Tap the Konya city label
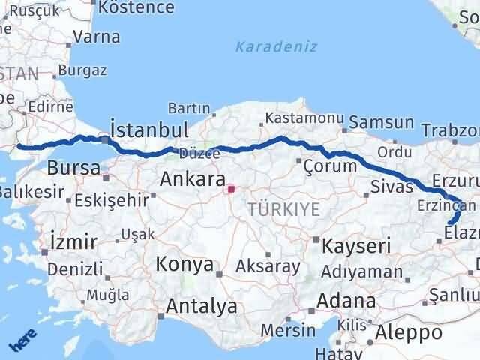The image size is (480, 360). (184, 265)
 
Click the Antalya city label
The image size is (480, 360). (201, 306)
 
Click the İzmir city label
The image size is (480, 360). (73, 241)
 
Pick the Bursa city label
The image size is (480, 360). (73, 167)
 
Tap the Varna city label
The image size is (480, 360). (97, 36)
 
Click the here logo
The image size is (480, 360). (23, 340)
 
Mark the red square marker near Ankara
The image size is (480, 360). (232, 189)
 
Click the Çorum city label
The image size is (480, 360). (330, 166)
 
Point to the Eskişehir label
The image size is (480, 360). (112, 200)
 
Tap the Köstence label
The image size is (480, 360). (136, 8)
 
